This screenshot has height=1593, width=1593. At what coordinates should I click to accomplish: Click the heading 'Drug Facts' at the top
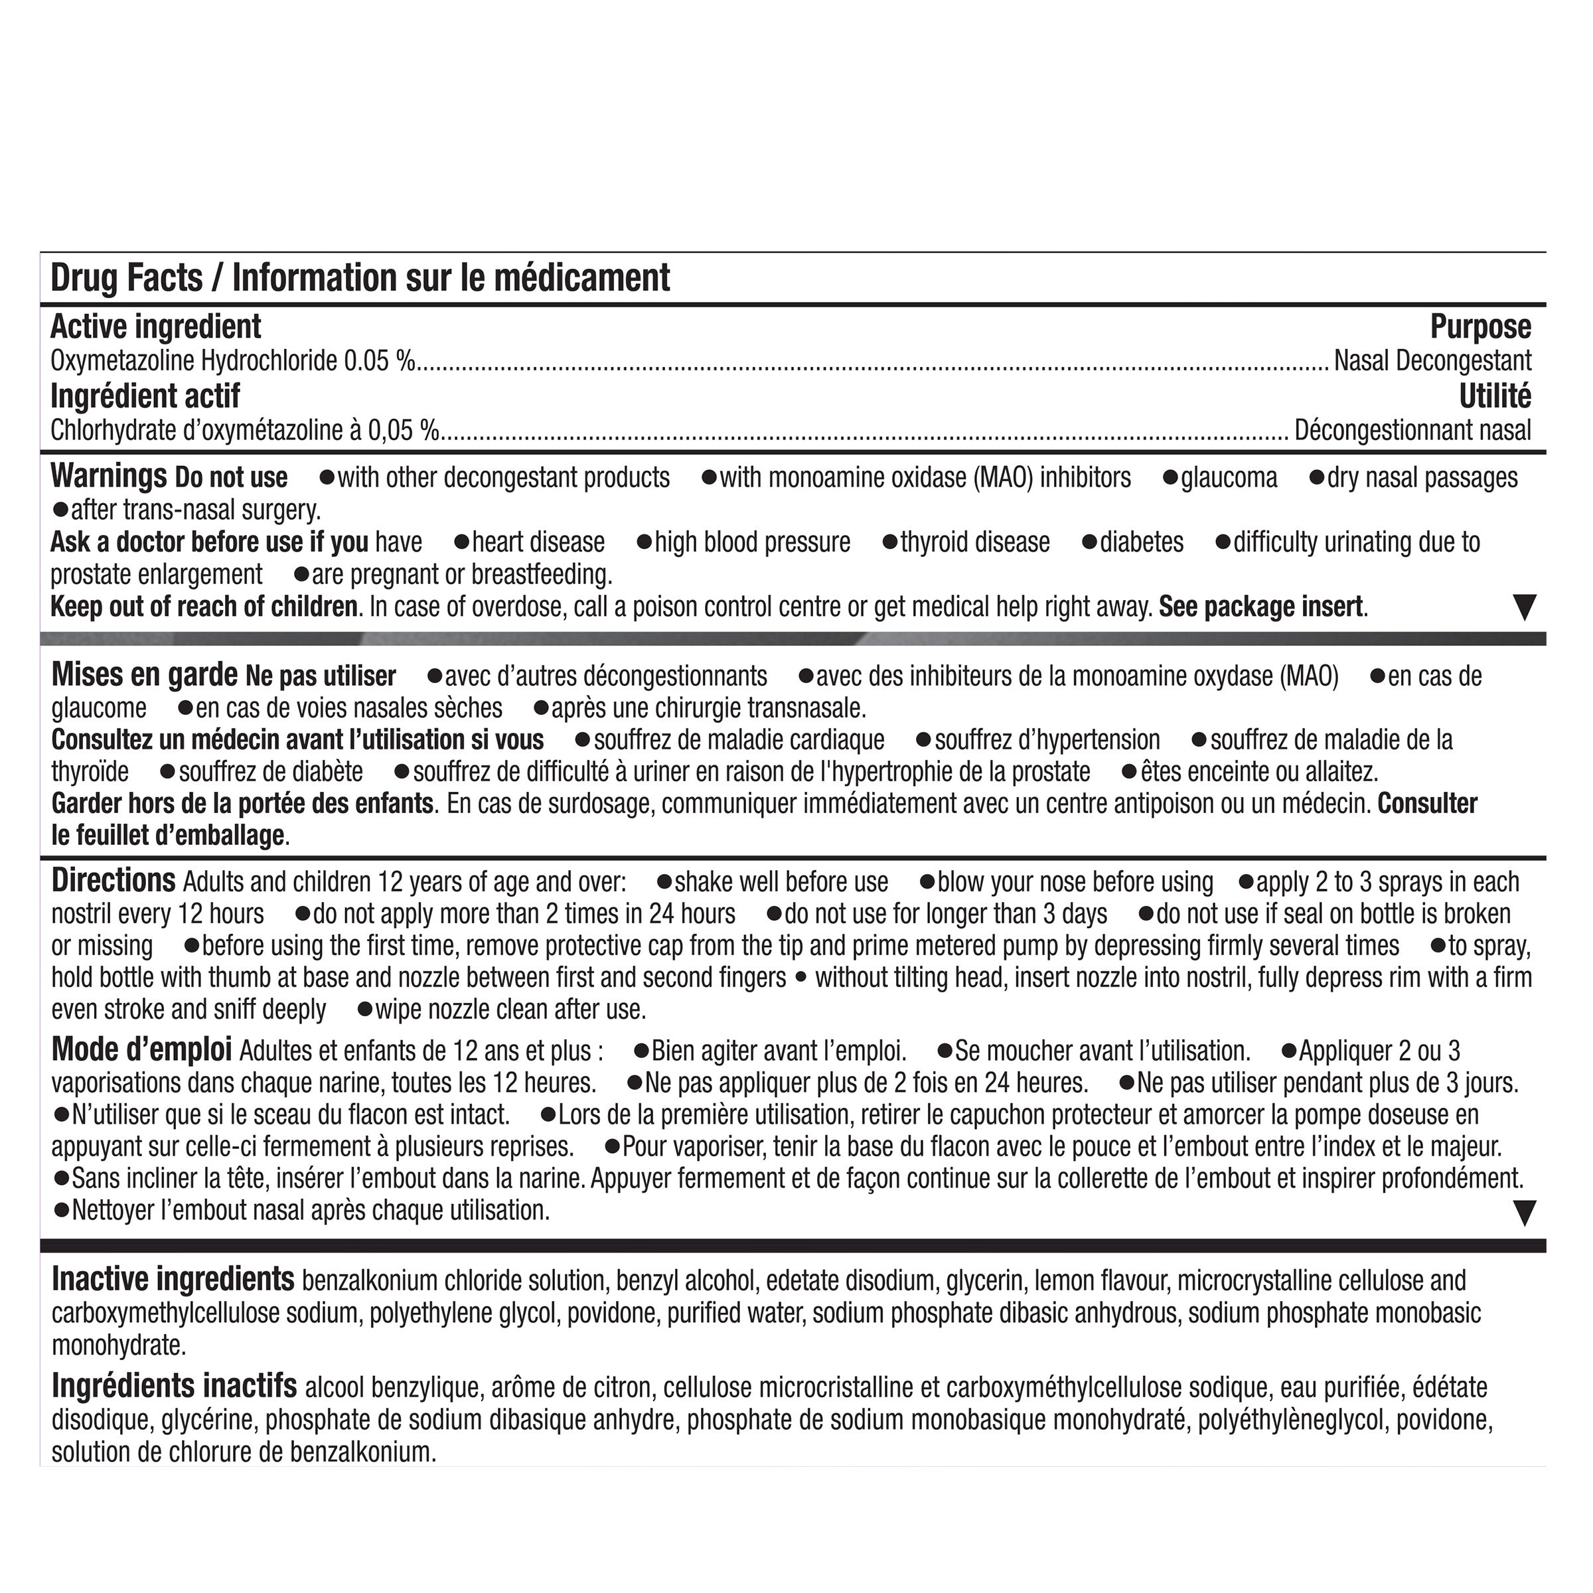tap(126, 278)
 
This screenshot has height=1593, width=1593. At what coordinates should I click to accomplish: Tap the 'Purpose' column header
tap(1480, 327)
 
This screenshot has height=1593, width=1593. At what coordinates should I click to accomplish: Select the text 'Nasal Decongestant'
tap(1432, 361)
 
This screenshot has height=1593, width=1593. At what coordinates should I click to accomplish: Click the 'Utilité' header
tap(1495, 397)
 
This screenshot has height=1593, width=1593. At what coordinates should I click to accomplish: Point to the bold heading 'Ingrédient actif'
tap(145, 397)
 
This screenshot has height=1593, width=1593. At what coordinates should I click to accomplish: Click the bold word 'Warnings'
tap(108, 477)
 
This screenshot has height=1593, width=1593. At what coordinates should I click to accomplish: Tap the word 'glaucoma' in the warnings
tap(1229, 478)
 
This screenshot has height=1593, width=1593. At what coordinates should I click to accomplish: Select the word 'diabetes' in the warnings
tap(1141, 542)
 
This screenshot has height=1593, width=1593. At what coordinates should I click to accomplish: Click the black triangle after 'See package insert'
tap(1525, 609)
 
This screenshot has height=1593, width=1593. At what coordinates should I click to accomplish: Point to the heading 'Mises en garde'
tap(144, 675)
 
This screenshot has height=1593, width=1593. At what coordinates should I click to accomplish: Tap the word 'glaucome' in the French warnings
tap(99, 708)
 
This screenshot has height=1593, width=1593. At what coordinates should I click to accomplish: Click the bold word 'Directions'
tap(113, 881)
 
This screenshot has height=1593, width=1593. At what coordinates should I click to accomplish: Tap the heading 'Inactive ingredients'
tap(173, 1280)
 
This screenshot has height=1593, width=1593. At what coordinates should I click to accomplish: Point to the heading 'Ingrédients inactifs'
tap(174, 1386)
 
